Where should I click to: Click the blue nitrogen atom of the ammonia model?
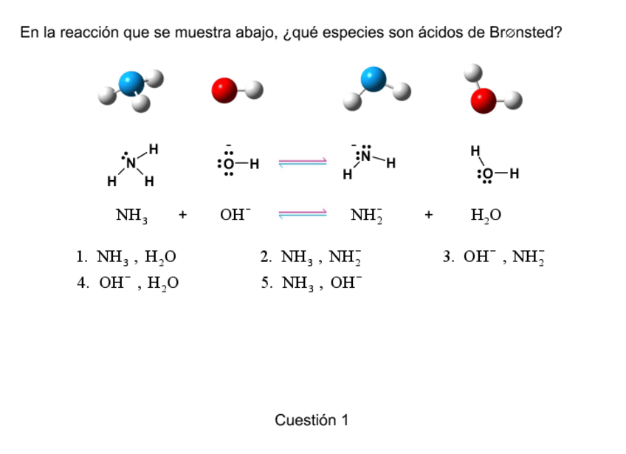[x=132, y=83]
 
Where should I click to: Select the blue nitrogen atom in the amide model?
[x=374, y=78]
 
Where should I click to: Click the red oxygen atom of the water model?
[x=483, y=101]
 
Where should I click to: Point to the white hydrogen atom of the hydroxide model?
[x=253, y=90]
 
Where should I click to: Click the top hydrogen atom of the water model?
[x=472, y=72]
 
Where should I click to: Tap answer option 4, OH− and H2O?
[x=128, y=283]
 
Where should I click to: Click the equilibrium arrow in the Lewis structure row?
[x=303, y=163]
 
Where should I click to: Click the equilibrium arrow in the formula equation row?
[x=303, y=215]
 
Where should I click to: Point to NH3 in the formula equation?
[x=131, y=216]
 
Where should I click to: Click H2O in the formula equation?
[x=486, y=216]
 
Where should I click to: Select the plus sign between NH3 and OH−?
[x=182, y=216]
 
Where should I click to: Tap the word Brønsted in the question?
[x=520, y=33]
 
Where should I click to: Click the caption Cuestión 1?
[x=312, y=420]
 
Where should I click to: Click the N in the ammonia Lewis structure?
[x=131, y=163]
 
